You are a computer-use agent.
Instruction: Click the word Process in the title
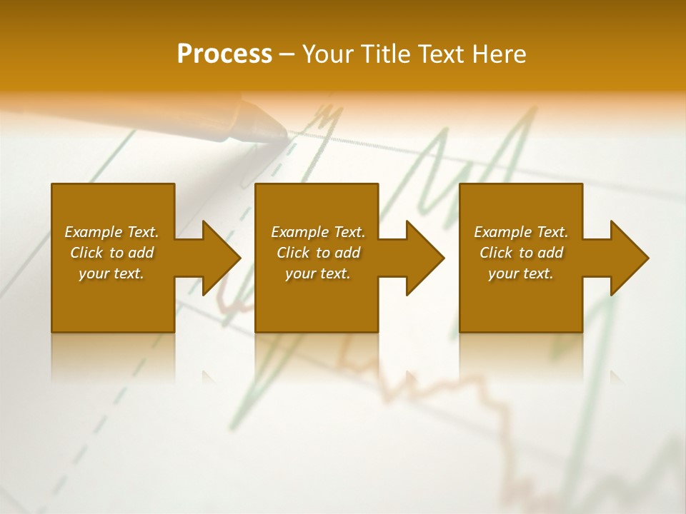pos(224,54)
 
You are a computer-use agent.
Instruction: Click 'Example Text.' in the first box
pos(111,232)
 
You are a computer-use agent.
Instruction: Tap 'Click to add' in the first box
pos(111,253)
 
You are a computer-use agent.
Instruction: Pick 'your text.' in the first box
pos(111,273)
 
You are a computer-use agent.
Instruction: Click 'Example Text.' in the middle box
pos(318,232)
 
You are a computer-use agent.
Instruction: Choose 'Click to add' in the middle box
pos(318,253)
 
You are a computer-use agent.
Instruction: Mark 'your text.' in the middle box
pos(318,273)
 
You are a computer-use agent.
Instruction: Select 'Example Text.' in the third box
pos(521,232)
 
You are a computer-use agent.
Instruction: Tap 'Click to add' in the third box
pos(521,253)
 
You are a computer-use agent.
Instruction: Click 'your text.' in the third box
pos(521,273)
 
